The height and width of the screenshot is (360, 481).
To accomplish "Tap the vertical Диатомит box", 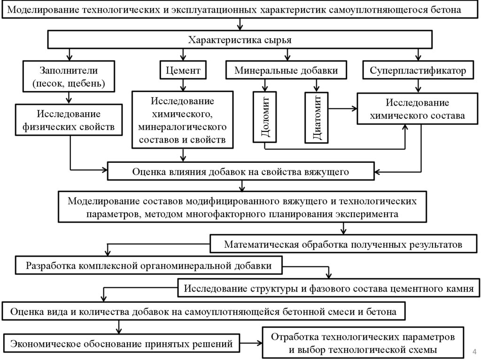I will click(316, 117).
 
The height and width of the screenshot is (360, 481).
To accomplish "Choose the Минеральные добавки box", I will click(287, 71).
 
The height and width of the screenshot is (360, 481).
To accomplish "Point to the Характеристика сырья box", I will click(240, 40).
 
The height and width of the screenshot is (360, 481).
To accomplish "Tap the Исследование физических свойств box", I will click(70, 120).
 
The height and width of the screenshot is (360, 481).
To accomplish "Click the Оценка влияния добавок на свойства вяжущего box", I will click(240, 171).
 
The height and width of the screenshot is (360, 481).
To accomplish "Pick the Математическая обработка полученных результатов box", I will click(343, 245).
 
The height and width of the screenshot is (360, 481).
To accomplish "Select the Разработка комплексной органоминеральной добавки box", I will click(149, 266).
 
